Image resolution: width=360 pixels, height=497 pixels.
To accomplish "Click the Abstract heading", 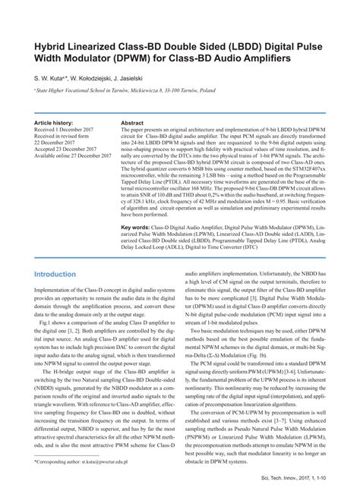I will [133, 122].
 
